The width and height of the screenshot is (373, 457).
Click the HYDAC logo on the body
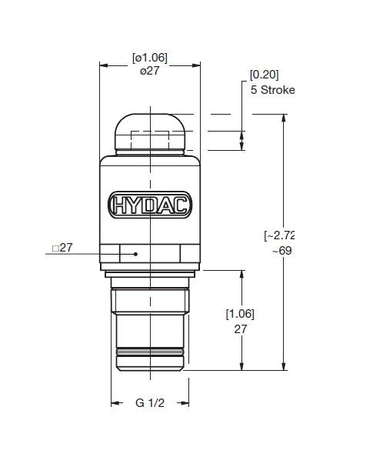click(x=150, y=205)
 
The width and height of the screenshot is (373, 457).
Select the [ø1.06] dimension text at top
click(x=150, y=58)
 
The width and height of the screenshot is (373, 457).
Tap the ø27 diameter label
click(x=150, y=71)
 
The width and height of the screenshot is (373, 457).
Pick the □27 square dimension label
click(x=62, y=247)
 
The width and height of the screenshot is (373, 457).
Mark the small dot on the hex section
click(x=135, y=253)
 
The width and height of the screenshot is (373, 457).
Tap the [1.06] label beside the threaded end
click(x=240, y=314)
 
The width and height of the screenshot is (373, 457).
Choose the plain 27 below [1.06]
click(x=240, y=328)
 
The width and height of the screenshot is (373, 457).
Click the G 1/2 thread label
click(x=150, y=403)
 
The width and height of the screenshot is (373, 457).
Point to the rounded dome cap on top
click(x=150, y=131)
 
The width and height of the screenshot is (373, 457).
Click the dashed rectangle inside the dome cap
click(x=150, y=141)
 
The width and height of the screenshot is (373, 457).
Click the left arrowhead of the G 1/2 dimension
click(x=115, y=403)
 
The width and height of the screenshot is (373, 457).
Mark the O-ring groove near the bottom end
click(x=150, y=355)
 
